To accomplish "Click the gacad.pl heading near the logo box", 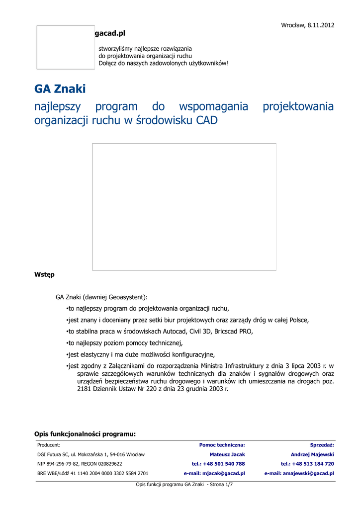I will [109, 33].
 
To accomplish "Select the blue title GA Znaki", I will [60, 89].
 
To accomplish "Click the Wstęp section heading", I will [44, 274].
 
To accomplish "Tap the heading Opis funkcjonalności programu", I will [85, 434].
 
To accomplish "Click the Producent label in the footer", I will [49, 445].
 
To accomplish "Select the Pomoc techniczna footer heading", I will [222, 445].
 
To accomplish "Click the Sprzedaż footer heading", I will [322, 445].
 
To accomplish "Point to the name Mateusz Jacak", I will [227, 454].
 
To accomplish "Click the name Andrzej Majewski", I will [312, 454].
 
